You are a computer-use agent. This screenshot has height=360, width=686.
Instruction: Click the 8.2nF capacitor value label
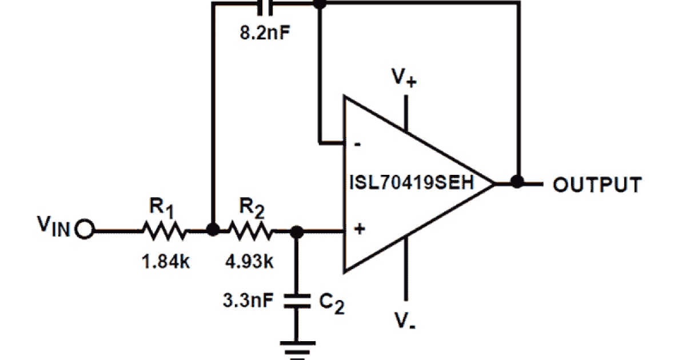[265, 31]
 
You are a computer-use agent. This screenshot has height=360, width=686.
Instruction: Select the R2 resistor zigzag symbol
[251, 231]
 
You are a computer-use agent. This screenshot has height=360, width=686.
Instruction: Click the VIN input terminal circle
[84, 231]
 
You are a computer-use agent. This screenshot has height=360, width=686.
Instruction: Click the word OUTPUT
[597, 185]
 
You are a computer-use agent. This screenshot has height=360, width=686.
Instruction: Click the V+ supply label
[404, 77]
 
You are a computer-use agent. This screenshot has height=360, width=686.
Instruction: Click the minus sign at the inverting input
[358, 145]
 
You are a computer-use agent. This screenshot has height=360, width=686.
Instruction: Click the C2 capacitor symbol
[297, 301]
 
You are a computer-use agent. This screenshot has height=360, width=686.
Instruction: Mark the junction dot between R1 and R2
[212, 230]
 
